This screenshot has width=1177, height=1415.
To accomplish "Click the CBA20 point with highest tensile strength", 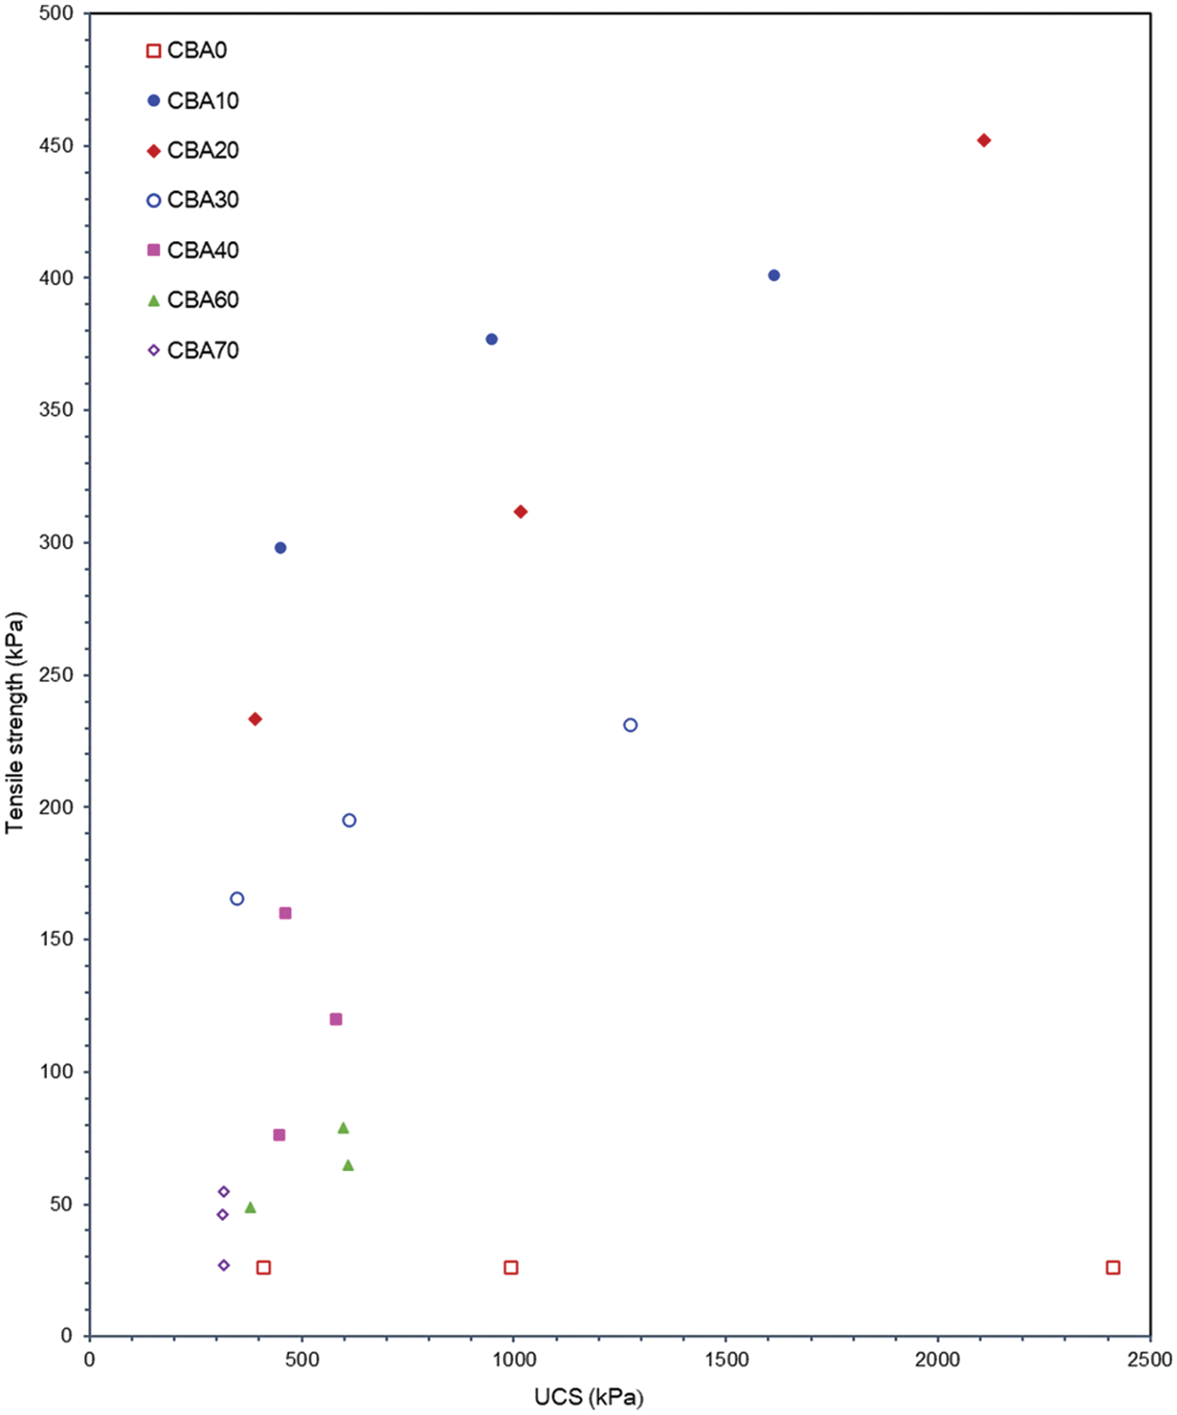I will [x=984, y=140].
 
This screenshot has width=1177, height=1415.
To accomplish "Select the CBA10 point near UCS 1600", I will [x=774, y=276].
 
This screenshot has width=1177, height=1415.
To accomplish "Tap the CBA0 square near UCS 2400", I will [x=1113, y=1268].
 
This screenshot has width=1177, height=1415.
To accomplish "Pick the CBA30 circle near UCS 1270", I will [x=631, y=725].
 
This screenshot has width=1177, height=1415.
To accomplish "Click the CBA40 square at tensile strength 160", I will [x=285, y=913].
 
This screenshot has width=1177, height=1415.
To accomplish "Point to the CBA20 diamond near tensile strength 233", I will [x=255, y=719].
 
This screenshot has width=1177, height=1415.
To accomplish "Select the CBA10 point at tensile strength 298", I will [x=281, y=548].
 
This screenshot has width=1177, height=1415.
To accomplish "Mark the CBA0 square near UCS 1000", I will [x=511, y=1268].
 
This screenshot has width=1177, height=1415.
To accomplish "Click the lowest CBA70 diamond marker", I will [x=224, y=1265].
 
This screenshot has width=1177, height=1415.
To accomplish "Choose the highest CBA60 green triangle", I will [x=344, y=1128].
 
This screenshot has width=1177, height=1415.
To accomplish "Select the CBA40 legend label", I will [x=202, y=250].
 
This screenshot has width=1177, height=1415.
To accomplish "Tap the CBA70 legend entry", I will [x=202, y=350].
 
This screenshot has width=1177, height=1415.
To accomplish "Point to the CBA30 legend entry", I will [x=202, y=200].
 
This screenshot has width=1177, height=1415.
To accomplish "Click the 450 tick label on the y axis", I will [x=56, y=146].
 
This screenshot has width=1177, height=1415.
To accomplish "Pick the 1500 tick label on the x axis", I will [x=726, y=1359].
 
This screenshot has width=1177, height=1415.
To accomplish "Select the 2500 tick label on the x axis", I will [x=1150, y=1359].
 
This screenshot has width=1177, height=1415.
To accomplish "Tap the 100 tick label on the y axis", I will [x=56, y=1072].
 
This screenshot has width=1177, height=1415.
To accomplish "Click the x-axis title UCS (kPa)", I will [x=588, y=1397].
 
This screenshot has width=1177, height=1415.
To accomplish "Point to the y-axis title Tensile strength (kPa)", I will [x=15, y=723].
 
